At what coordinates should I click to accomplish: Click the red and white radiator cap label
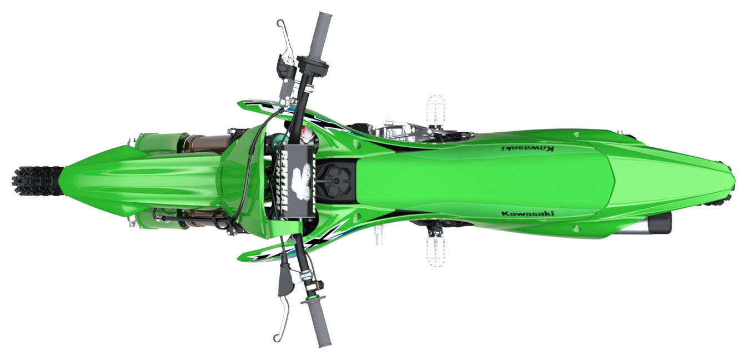click(304, 133)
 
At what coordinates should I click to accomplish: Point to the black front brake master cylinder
click(285, 69)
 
